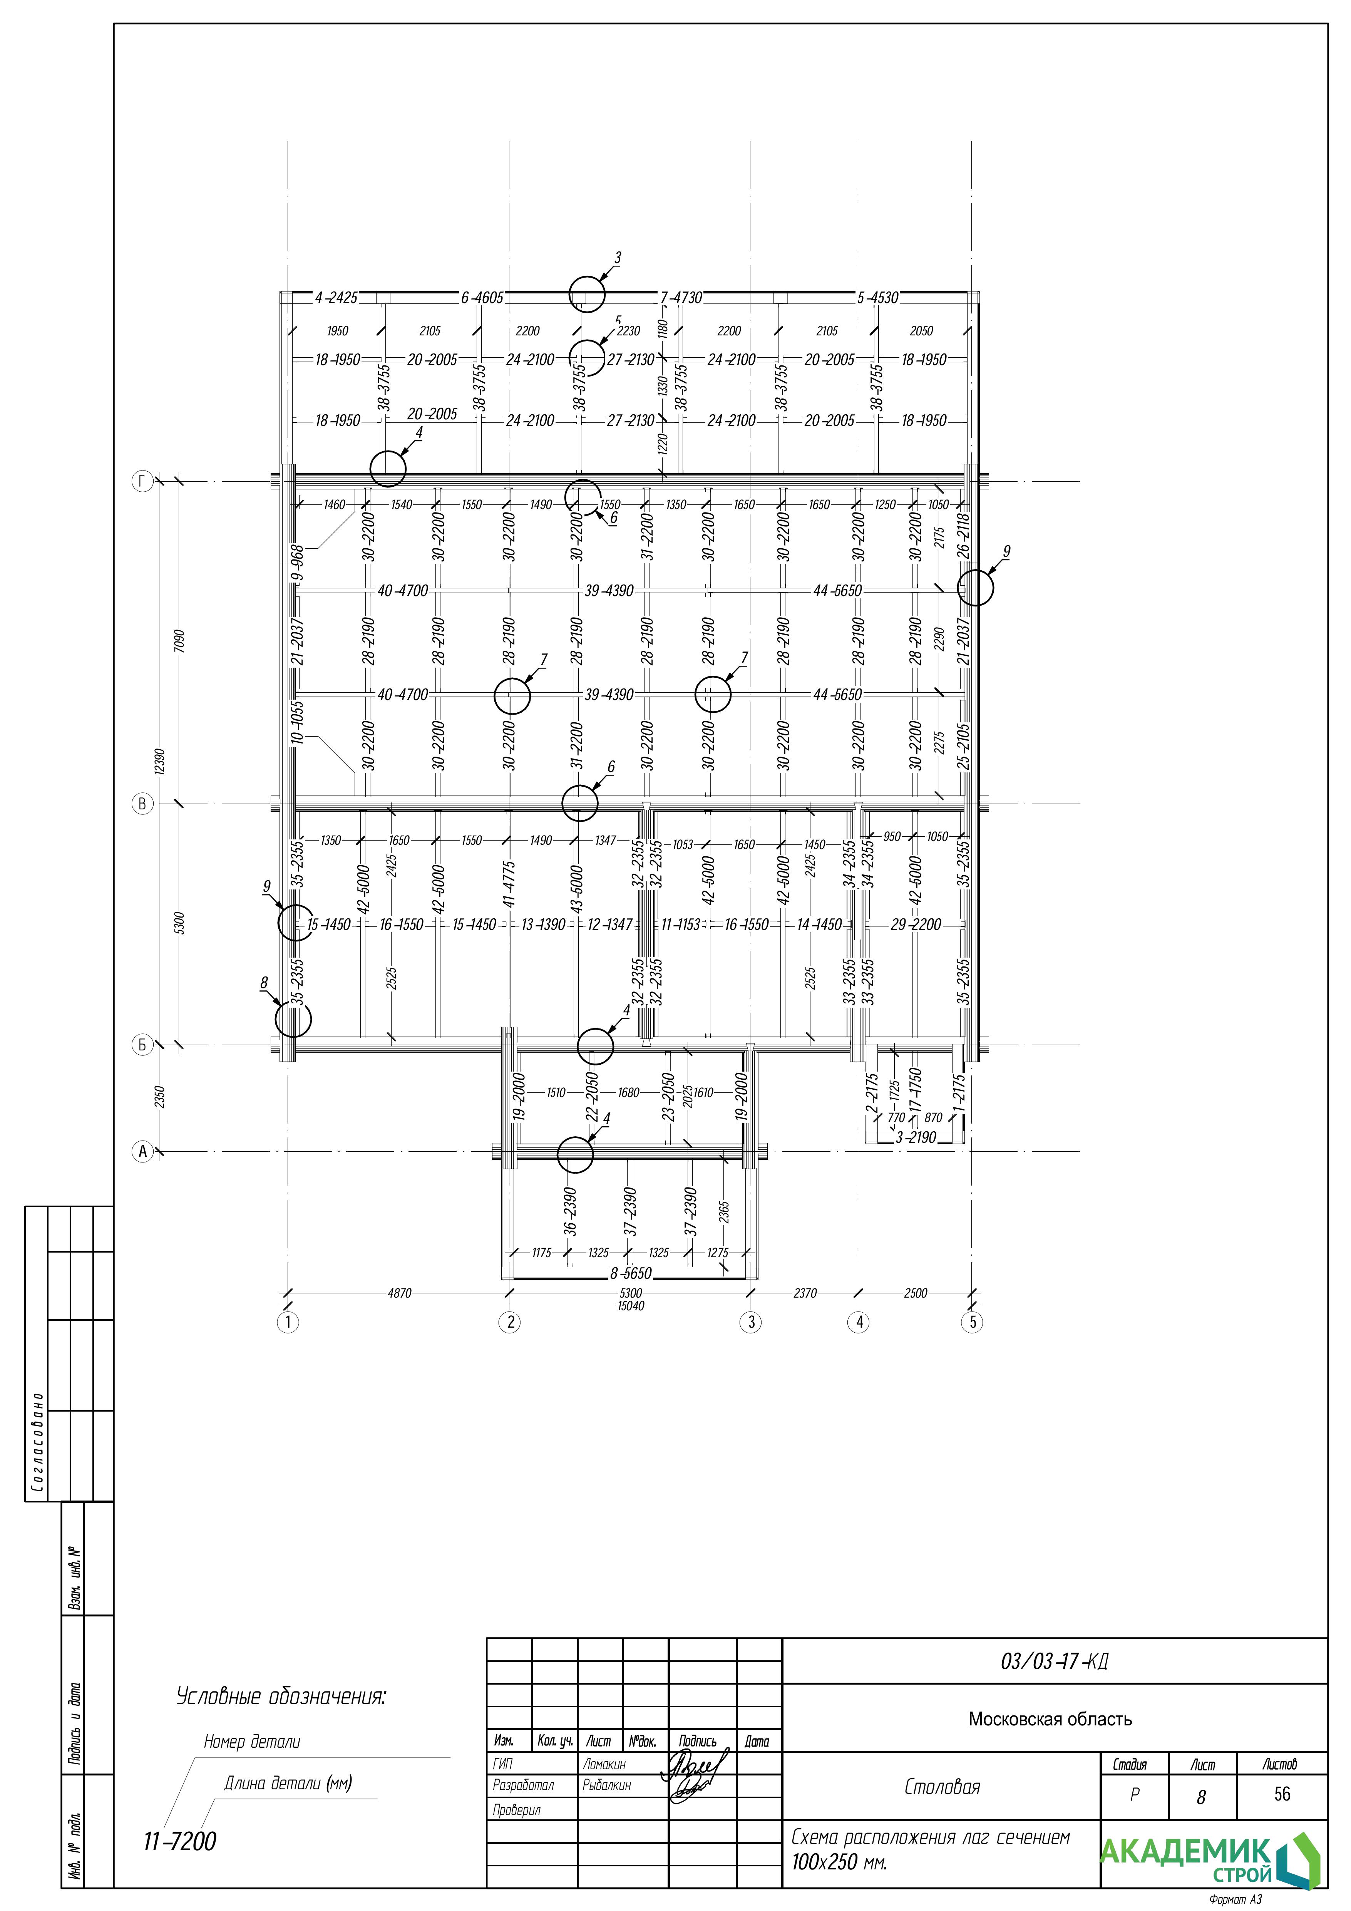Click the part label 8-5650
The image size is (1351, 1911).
pyautogui.click(x=631, y=1273)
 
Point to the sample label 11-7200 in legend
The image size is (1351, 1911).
pyautogui.click(x=180, y=1842)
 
